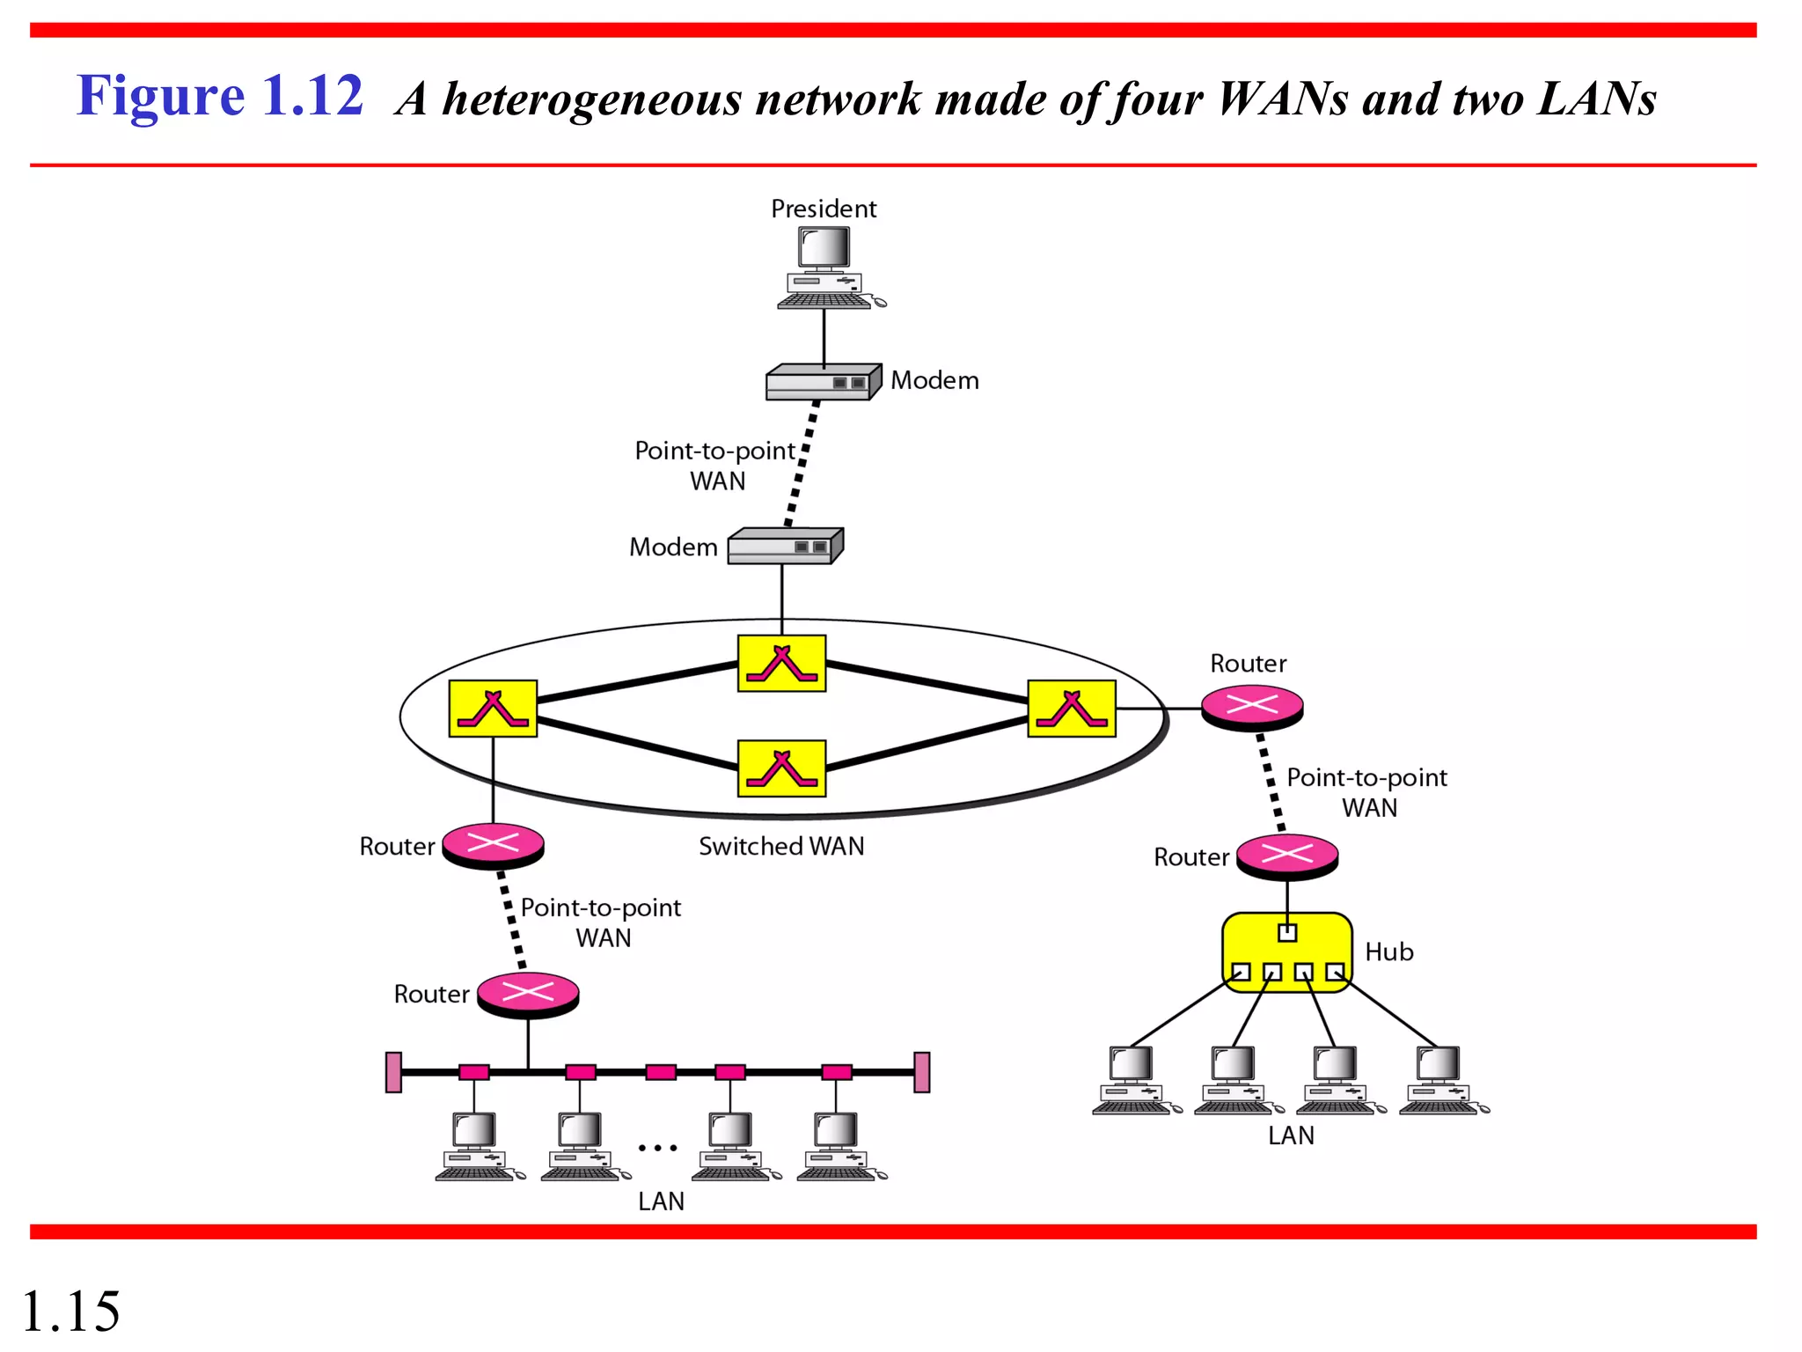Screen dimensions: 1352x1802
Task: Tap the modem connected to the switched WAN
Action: (x=784, y=546)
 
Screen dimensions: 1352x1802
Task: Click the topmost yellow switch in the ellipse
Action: (x=781, y=664)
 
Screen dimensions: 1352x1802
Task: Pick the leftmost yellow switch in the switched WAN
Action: (x=493, y=708)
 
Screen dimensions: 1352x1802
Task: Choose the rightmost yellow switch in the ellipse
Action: (x=1072, y=708)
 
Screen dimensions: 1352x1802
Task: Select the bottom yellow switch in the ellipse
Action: (x=781, y=768)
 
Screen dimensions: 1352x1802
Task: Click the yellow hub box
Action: (x=1286, y=952)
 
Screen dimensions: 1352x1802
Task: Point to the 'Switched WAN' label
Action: (x=781, y=846)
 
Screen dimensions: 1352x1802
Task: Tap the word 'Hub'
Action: (x=1388, y=952)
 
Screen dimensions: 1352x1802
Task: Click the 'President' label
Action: (x=824, y=209)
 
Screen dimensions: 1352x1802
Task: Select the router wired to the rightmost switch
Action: (x=1252, y=707)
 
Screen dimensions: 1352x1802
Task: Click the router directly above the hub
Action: (x=1286, y=856)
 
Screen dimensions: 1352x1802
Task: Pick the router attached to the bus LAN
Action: (x=527, y=995)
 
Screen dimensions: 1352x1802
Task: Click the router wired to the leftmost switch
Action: (x=493, y=845)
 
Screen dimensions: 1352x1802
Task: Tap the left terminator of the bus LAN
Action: (x=393, y=1072)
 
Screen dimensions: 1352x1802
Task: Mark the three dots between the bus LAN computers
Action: (x=657, y=1148)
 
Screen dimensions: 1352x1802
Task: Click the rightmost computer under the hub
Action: (x=1441, y=1081)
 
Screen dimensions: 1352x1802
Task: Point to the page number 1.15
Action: (x=70, y=1311)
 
